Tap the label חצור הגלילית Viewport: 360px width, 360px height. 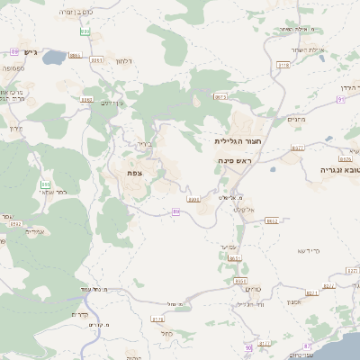pos(238,141)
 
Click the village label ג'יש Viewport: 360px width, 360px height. pos(30,53)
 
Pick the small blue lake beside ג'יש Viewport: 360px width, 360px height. pos(52,58)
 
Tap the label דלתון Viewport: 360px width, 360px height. pos(124,60)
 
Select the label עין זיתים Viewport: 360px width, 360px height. pos(112,103)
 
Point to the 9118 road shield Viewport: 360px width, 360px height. pos(284,65)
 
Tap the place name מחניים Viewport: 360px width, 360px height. pos(297,120)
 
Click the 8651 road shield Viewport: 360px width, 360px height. pos(235,258)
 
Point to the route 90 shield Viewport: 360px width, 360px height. pos(341,99)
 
